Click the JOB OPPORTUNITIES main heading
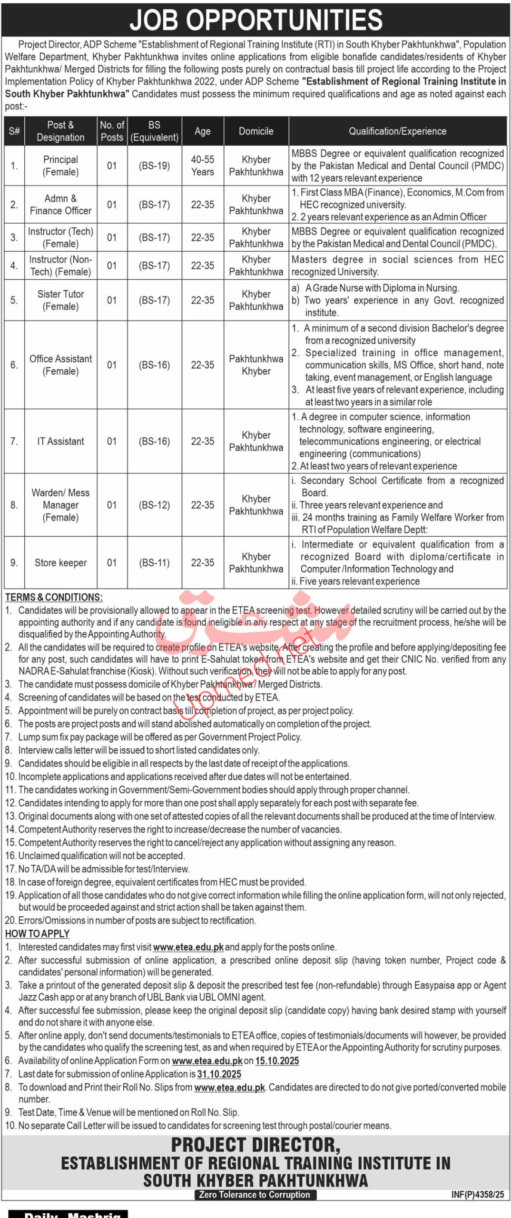[x=255, y=20]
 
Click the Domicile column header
[x=256, y=131]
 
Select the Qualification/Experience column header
[x=397, y=131]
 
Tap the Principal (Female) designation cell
[x=60, y=166]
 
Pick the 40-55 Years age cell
[x=202, y=166]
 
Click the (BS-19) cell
[x=154, y=166]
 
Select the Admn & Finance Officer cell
[x=60, y=205]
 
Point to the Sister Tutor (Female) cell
[x=60, y=300]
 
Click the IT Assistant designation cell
[x=60, y=442]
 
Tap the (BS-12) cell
[x=154, y=505]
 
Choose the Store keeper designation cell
[x=60, y=563]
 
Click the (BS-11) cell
[x=154, y=563]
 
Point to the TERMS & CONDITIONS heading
[x=54, y=598]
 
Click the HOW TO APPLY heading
[x=38, y=934]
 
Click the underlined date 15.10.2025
[x=277, y=1061]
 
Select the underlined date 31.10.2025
[x=219, y=1074]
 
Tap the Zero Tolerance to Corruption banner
[x=255, y=1195]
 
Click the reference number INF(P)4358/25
[x=477, y=1195]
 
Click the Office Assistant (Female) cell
[x=60, y=365]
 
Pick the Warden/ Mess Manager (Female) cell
[x=60, y=505]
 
